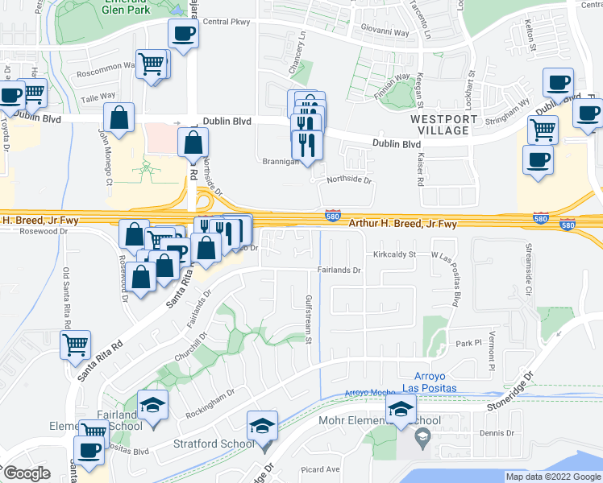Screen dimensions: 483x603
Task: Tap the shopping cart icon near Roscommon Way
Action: coord(152,63)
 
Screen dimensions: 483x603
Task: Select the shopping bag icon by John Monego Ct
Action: coord(119,118)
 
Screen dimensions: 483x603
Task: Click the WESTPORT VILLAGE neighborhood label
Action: coord(439,124)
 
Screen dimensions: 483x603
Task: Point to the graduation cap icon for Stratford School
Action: coord(262,424)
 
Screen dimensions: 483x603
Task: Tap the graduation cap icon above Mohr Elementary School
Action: coord(401,408)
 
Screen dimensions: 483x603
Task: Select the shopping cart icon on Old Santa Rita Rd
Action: coord(75,345)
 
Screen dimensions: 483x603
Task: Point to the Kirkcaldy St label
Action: coord(394,254)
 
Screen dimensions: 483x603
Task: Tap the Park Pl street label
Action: coord(467,342)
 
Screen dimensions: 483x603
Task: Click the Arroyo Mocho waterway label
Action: coord(367,392)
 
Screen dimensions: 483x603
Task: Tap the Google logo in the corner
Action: coord(27,473)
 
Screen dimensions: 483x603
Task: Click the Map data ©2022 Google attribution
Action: coord(553,477)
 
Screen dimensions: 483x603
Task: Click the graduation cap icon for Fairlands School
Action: coord(151,405)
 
